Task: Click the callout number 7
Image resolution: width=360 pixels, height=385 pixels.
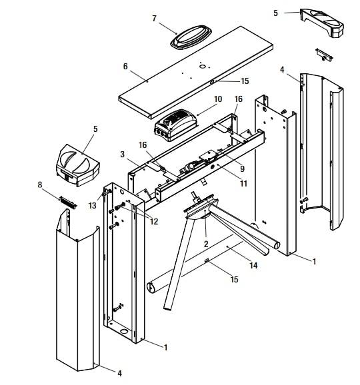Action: point(154,19)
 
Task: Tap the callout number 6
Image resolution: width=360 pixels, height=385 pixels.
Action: point(125,67)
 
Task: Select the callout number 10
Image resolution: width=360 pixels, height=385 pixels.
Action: point(218,99)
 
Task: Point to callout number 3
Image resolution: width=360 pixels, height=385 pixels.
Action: point(123,154)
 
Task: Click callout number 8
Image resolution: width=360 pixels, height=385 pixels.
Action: point(40,185)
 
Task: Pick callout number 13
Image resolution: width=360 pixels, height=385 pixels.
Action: point(93,205)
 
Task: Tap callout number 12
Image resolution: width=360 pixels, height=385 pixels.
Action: point(154,221)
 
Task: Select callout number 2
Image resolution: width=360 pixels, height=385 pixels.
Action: point(206,244)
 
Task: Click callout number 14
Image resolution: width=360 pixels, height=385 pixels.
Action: point(253,265)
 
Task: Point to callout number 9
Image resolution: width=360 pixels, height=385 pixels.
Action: point(242,169)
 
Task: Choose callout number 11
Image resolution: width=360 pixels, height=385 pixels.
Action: point(243,183)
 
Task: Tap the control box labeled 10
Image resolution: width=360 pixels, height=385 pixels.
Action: point(176,125)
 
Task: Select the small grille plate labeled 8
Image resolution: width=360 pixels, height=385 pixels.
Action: point(68,202)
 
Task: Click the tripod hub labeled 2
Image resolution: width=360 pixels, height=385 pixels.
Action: point(201,206)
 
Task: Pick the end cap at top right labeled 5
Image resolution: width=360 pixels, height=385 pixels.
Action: point(322,23)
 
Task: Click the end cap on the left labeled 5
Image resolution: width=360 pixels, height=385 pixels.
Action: point(77,165)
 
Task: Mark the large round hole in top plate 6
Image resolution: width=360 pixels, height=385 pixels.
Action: point(203,67)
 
